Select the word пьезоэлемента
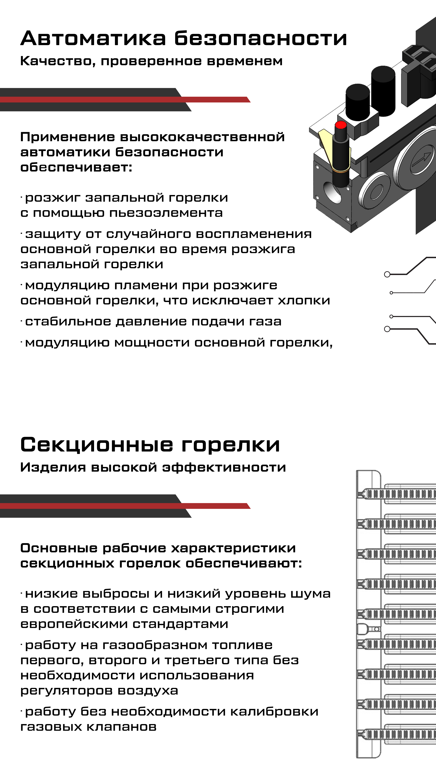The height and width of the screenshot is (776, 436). (x=166, y=213)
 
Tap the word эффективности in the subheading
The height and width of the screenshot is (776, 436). (x=224, y=468)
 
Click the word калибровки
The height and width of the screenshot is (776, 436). (x=274, y=712)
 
